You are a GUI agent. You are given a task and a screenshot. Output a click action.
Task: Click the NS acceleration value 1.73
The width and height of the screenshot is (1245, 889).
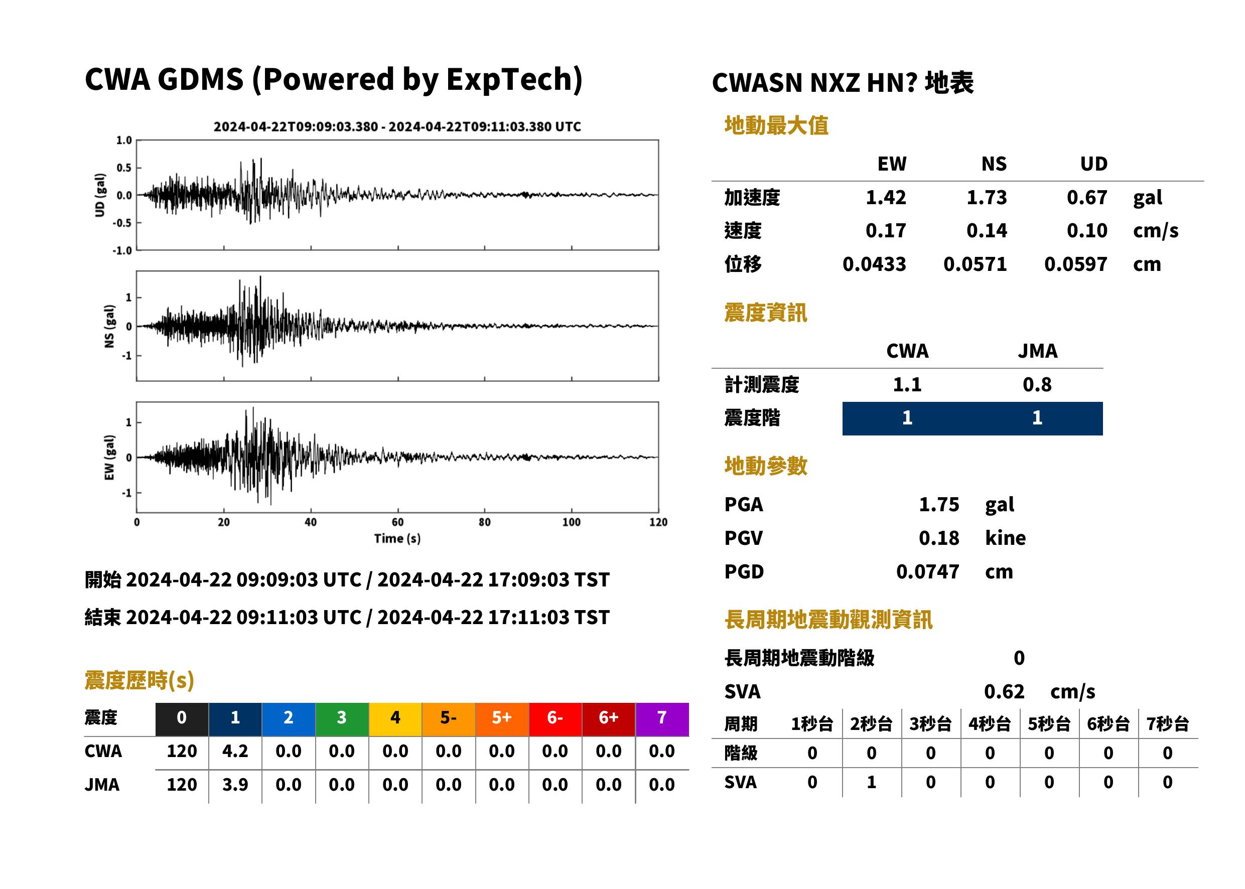click(986, 198)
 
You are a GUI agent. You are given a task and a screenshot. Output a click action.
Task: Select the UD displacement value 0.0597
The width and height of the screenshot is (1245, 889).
click(1075, 264)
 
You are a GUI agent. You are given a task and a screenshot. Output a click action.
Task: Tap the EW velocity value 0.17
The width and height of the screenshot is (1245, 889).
click(885, 231)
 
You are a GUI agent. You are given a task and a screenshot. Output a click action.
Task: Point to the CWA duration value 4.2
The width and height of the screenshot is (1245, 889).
click(235, 751)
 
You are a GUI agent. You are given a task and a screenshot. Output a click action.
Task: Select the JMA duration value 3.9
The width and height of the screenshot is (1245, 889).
click(235, 785)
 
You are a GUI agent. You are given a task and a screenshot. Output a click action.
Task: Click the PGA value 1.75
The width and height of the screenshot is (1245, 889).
click(938, 505)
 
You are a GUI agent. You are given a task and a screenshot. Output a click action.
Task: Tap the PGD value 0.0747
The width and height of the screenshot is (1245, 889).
click(927, 572)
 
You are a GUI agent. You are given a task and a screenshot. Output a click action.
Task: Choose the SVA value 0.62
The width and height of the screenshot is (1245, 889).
click(1004, 692)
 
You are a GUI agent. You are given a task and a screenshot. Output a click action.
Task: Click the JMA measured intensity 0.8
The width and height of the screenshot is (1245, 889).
click(1037, 385)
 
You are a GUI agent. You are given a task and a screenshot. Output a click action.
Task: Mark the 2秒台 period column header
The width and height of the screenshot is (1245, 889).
click(871, 724)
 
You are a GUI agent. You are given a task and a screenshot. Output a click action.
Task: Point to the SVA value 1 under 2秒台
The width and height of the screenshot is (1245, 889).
click(871, 782)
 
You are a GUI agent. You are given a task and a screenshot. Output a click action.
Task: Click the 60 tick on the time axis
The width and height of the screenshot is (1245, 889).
click(397, 522)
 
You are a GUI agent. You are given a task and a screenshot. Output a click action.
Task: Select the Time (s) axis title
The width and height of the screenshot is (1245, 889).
click(397, 539)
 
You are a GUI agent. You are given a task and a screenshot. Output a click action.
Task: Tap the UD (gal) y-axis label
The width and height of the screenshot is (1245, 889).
click(100, 196)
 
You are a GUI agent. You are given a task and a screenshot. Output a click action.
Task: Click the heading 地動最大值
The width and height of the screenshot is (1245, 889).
click(776, 125)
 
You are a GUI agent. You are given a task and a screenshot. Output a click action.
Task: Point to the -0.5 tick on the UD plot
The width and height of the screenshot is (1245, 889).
click(122, 223)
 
